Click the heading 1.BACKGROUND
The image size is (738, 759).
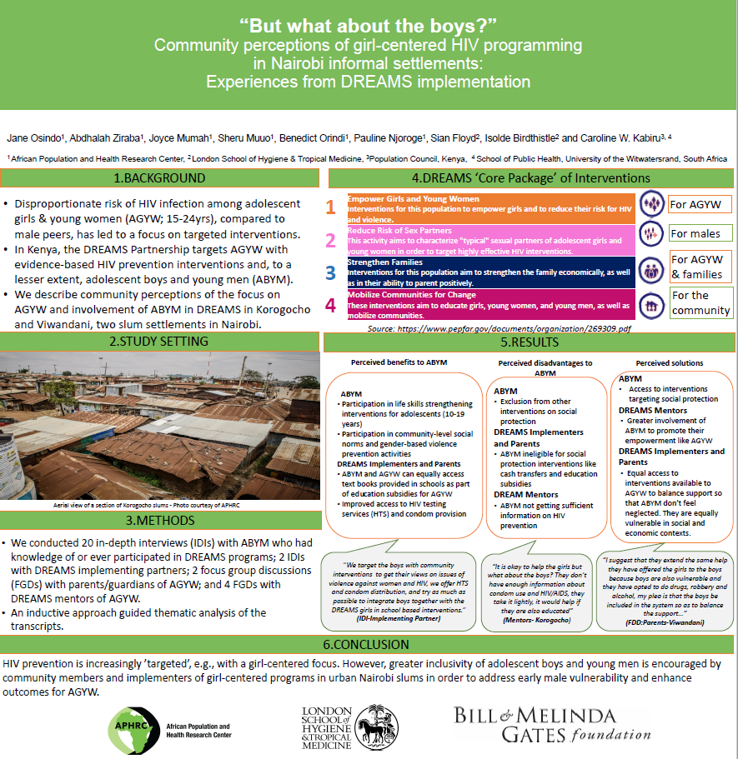pos(159,177)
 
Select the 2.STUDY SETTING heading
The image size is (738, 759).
pos(159,342)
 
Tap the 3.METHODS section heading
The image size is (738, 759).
pos(159,522)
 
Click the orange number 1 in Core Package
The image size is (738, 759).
pos(331,207)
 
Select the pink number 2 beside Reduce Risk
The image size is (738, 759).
pos(331,241)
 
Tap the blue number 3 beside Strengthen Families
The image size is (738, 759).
pos(331,272)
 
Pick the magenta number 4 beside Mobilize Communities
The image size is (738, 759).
pos(331,305)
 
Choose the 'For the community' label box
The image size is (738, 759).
pos(700,302)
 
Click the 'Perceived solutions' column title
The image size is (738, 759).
pos(670,363)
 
